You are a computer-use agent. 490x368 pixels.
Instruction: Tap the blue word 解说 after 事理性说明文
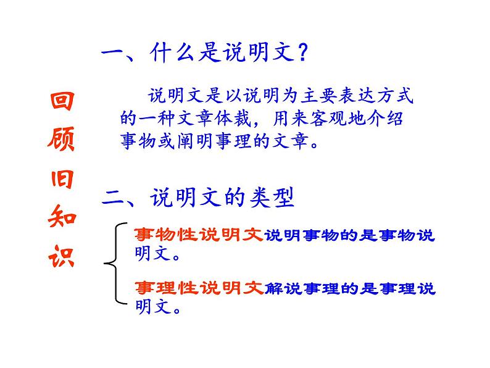(277, 288)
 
